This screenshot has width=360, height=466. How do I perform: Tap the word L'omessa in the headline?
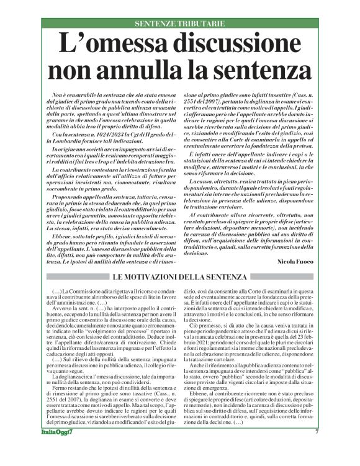(104, 45)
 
